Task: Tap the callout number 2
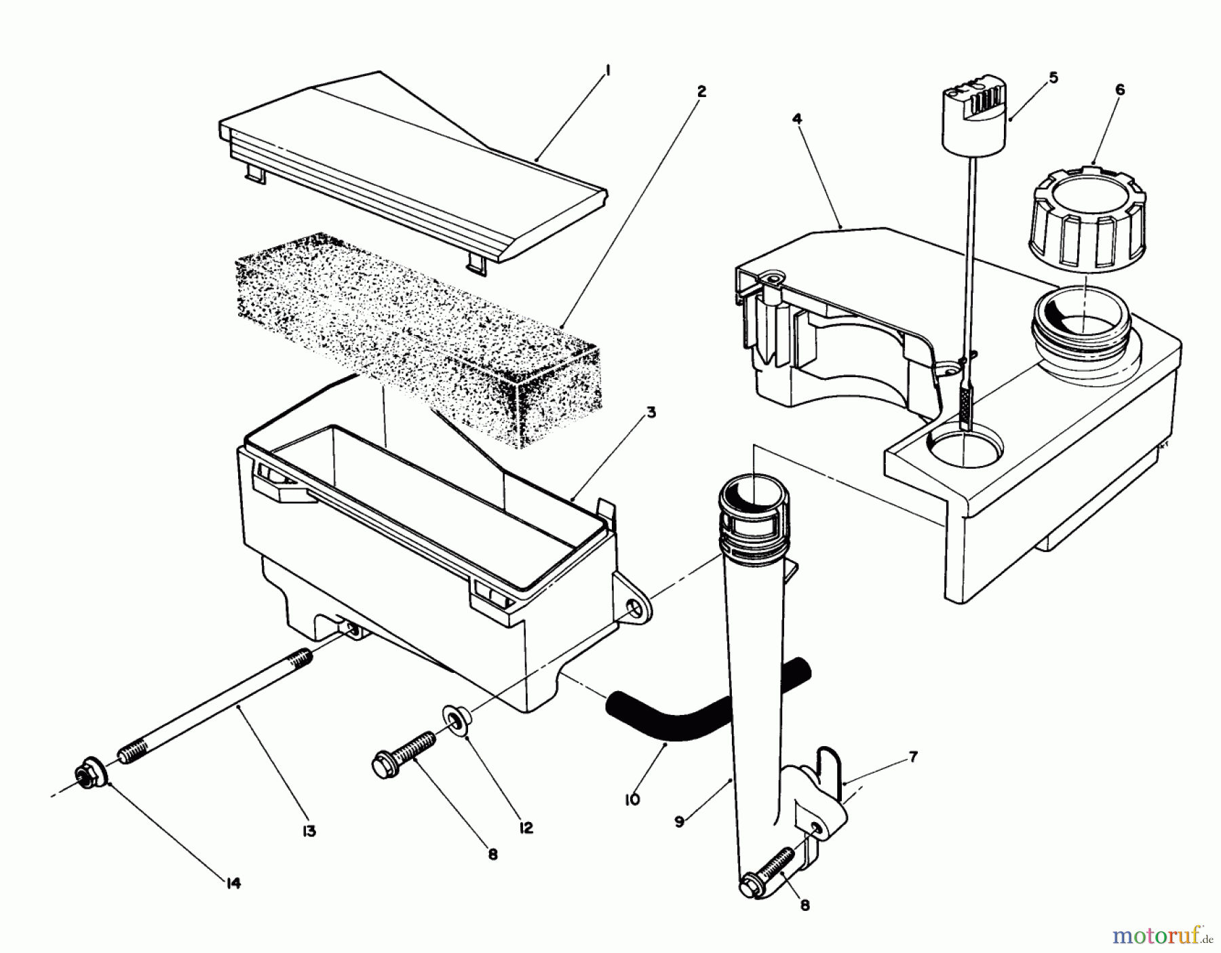pos(701,91)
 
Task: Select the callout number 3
pos(651,413)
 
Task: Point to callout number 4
pos(797,119)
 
